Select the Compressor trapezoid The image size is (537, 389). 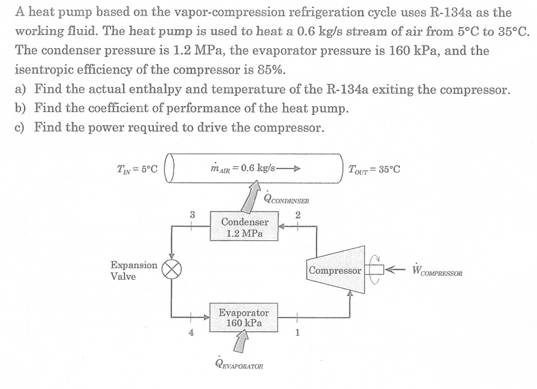click(x=336, y=271)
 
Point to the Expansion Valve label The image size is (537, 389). click(x=133, y=270)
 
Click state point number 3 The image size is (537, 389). click(x=192, y=214)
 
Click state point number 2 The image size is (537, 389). click(x=298, y=214)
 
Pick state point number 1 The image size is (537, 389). click(x=297, y=332)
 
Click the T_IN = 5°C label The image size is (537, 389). click(x=137, y=169)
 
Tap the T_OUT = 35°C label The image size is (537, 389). click(x=374, y=169)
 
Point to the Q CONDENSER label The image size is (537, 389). click(x=287, y=198)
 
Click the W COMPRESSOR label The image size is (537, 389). click(x=437, y=271)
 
